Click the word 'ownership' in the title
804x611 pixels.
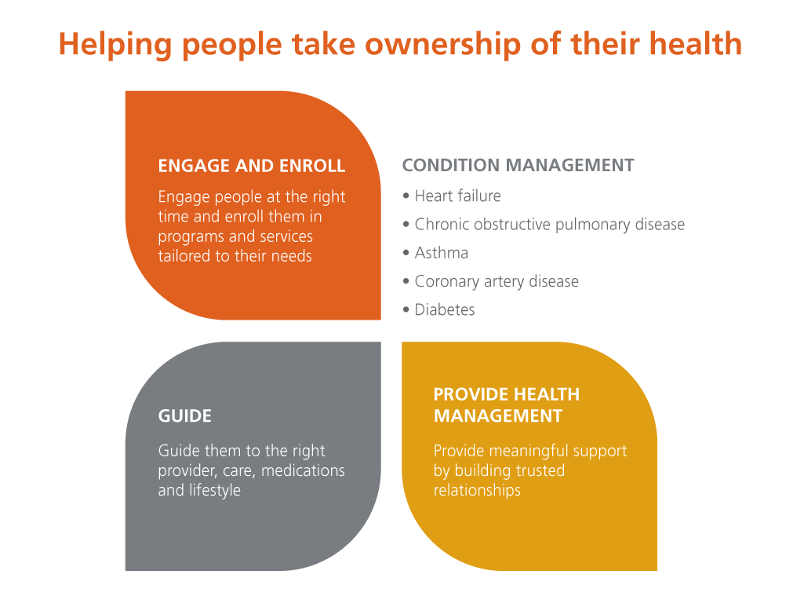click(x=443, y=45)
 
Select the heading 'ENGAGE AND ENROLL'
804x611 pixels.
click(x=251, y=166)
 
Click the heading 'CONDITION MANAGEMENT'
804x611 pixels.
click(x=518, y=166)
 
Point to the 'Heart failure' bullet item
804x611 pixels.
click(x=457, y=196)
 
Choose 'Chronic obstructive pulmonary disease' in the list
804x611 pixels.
click(x=550, y=225)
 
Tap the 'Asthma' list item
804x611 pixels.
click(x=442, y=253)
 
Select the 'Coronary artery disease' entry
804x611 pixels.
click(x=497, y=281)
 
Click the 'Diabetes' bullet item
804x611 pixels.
click(x=445, y=309)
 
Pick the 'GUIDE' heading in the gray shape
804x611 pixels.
click(x=184, y=416)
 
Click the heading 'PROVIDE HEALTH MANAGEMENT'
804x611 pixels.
click(x=507, y=405)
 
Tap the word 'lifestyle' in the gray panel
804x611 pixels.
click(x=215, y=490)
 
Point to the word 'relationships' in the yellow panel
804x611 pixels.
click(x=477, y=490)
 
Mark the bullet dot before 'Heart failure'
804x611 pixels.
click(x=406, y=196)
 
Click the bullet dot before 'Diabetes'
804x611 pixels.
click(x=406, y=310)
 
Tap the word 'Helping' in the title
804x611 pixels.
click(x=115, y=45)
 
